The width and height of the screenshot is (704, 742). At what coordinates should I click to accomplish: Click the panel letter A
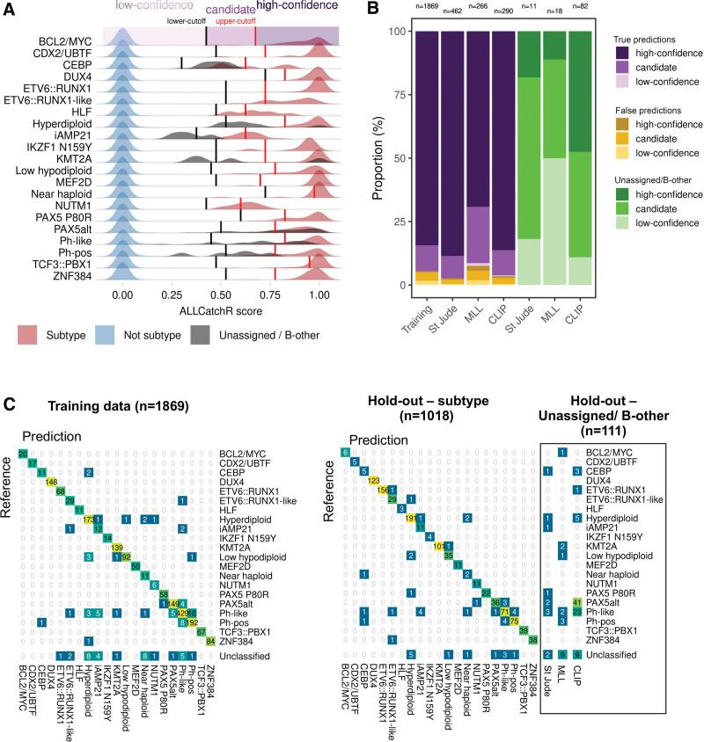[10, 10]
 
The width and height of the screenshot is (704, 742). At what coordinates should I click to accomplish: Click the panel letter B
[372, 10]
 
